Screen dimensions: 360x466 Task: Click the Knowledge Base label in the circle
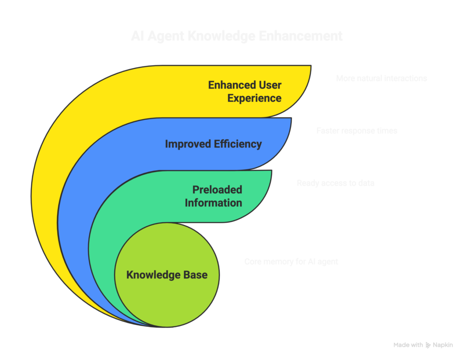(x=167, y=275)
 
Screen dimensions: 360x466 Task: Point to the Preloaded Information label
(x=213, y=196)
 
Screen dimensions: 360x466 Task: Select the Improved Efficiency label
(x=213, y=144)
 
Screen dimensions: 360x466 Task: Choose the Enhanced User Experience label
(x=245, y=91)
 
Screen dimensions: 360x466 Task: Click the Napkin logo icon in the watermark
(x=428, y=345)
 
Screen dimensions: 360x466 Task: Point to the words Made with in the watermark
(x=408, y=345)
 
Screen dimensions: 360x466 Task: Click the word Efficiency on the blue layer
(x=239, y=144)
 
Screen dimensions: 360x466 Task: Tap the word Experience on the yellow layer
(x=254, y=98)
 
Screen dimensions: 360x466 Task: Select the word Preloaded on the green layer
(x=217, y=190)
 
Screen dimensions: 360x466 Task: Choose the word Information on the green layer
(x=213, y=203)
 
